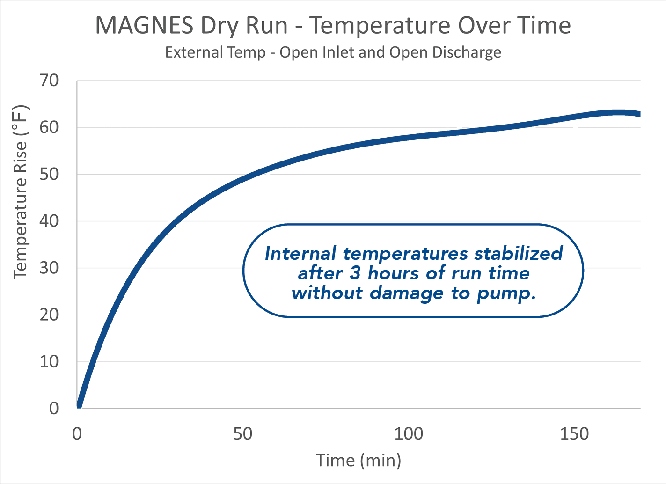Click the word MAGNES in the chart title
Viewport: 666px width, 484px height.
point(144,26)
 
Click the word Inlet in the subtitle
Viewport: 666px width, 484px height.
point(337,52)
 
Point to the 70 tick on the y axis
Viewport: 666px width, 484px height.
point(49,81)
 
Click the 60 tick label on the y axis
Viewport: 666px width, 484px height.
point(49,127)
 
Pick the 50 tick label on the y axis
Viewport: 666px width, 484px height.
point(49,174)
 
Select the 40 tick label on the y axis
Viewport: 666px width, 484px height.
point(49,221)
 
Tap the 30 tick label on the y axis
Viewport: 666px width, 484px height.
point(49,268)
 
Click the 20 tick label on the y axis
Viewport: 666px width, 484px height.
point(49,315)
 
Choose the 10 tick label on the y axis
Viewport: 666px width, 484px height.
point(49,361)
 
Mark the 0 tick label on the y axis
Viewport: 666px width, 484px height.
point(54,408)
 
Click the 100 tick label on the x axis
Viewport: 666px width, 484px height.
point(408,434)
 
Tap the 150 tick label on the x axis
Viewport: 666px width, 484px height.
point(574,434)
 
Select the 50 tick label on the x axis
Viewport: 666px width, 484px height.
point(242,434)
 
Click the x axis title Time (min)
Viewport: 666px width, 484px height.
point(359,461)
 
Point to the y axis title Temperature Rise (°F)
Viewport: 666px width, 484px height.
point(21,192)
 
